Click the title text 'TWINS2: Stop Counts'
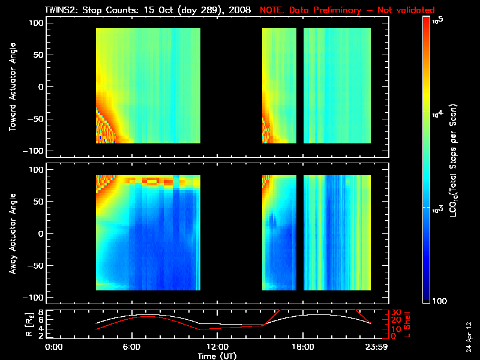point(92,10)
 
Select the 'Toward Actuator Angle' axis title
point(12,86)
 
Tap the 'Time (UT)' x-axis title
point(216,356)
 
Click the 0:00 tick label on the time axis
point(54,347)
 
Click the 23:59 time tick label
point(374,347)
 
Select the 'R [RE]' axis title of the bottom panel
point(12,324)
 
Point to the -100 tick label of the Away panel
point(35,298)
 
